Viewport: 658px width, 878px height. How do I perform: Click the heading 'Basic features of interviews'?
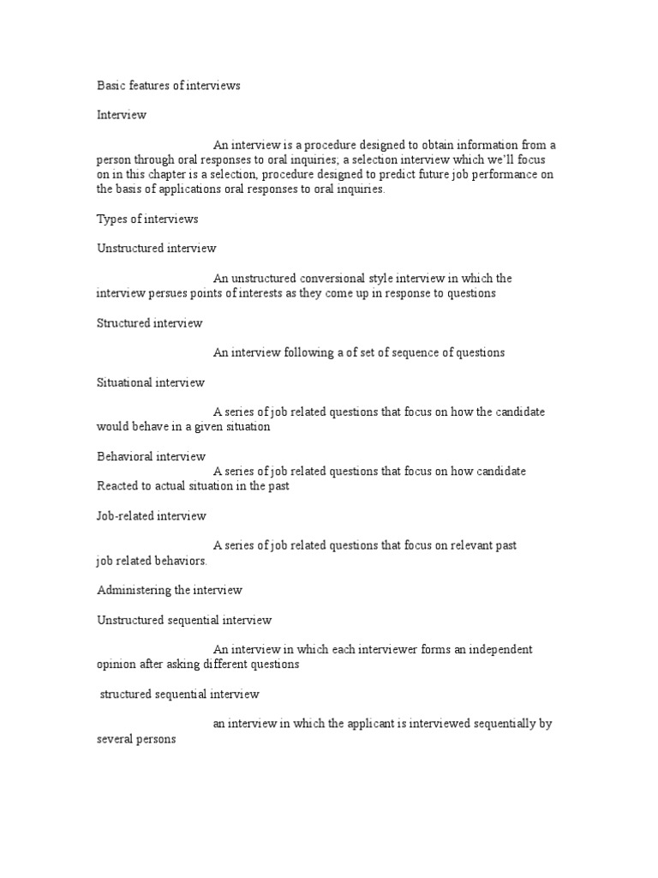pyautogui.click(x=168, y=86)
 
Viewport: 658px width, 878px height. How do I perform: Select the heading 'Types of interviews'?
pyautogui.click(x=147, y=219)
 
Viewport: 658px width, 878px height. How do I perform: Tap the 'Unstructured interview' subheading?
pyautogui.click(x=157, y=248)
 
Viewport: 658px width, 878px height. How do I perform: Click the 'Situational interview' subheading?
pyautogui.click(x=151, y=382)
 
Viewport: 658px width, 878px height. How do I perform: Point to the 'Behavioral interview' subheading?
pyautogui.click(x=151, y=456)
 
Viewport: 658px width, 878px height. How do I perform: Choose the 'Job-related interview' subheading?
pyautogui.click(x=152, y=515)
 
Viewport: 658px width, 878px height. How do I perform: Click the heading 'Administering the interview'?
pyautogui.click(x=170, y=590)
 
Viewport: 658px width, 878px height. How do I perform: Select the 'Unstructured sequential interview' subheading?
pyautogui.click(x=184, y=619)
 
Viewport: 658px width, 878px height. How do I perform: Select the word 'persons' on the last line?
pyautogui.click(x=156, y=738)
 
